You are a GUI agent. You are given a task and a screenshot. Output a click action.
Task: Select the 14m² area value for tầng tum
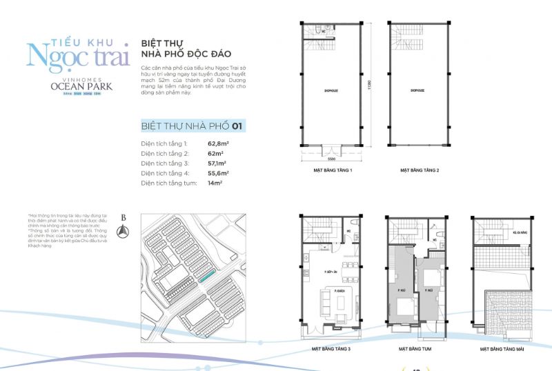(x=216, y=184)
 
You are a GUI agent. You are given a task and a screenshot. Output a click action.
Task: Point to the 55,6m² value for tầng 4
(x=219, y=174)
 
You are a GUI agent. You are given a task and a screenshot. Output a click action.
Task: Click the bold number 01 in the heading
(x=237, y=126)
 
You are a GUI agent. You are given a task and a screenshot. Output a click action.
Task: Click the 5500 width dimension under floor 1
(x=333, y=158)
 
